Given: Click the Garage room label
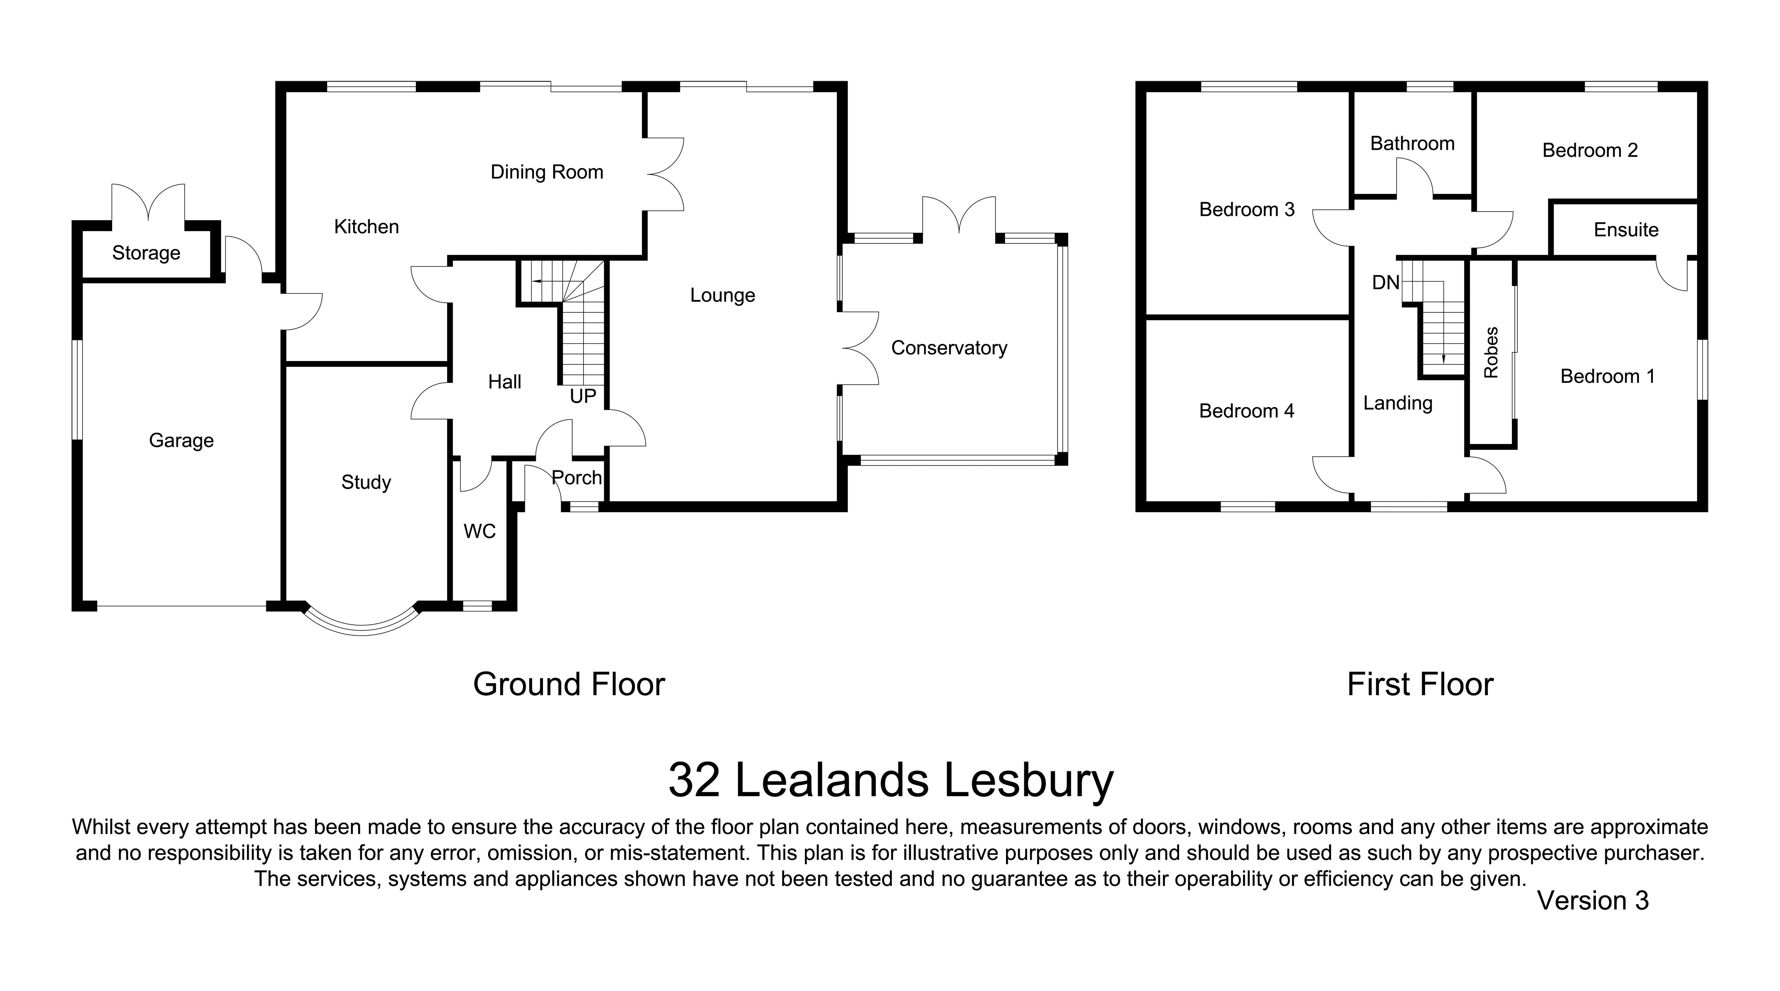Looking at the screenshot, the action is click(181, 440).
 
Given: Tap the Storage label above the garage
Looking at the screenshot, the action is click(146, 253).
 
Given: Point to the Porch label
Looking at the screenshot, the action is click(576, 478).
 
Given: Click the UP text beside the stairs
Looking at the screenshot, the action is click(582, 396).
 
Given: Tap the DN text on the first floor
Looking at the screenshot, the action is click(1386, 282).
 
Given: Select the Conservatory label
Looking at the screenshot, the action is click(949, 348).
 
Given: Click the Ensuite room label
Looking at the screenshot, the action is click(1626, 229).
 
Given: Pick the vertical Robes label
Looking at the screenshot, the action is click(1491, 353).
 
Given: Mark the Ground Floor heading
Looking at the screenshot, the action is click(569, 684).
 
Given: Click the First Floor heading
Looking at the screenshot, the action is click(1420, 684).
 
